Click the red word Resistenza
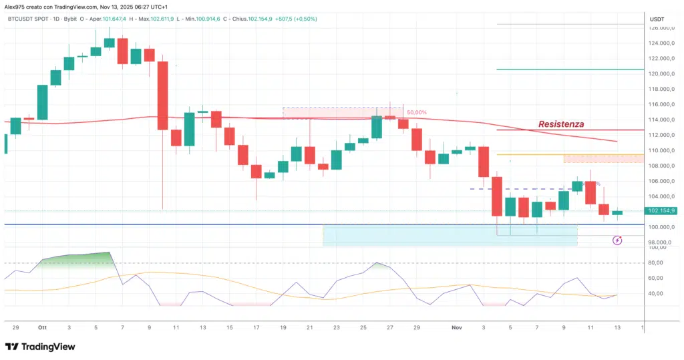pos(561,124)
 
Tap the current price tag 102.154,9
pos(662,211)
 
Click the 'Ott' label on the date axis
pos(42,328)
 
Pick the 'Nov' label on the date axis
pos(457,328)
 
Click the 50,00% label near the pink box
pos(416,113)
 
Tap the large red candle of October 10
pos(162,96)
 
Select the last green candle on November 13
pos(617,212)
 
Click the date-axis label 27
pos(390,328)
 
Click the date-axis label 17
pos(256,328)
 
